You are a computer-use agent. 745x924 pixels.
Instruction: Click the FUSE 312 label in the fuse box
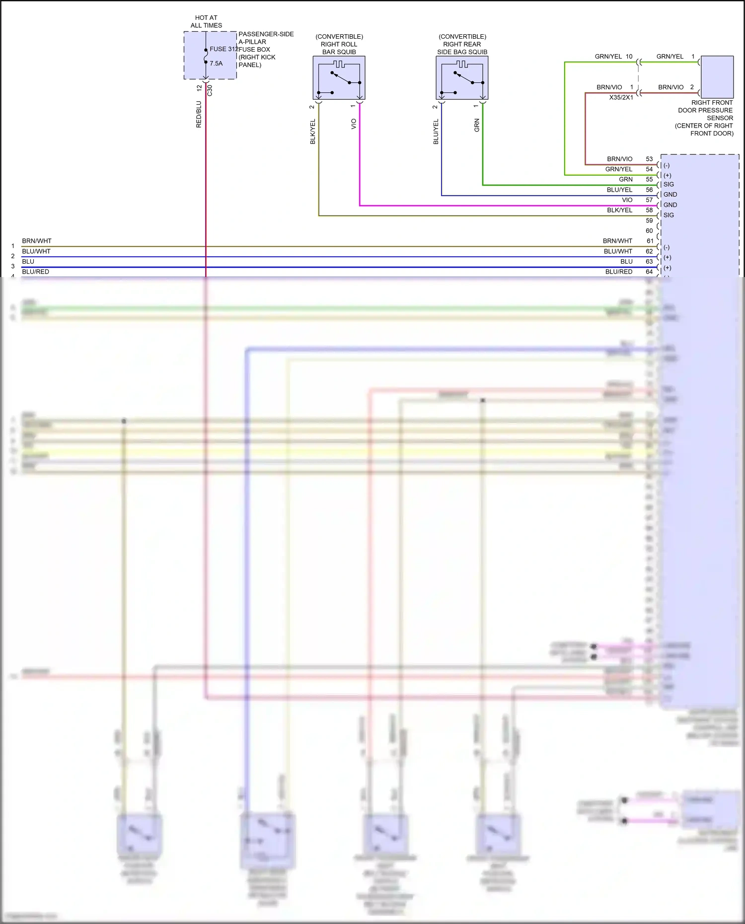click(x=224, y=49)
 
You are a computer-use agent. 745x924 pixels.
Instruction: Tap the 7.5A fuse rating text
click(x=216, y=64)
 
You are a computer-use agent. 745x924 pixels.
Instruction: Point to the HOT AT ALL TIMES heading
click(x=206, y=21)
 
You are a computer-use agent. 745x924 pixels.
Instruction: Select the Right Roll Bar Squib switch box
click(x=339, y=77)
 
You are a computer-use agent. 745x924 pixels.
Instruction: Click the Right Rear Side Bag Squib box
click(x=462, y=77)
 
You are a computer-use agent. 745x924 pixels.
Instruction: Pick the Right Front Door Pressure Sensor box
click(x=717, y=77)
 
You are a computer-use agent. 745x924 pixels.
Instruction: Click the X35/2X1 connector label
click(x=621, y=97)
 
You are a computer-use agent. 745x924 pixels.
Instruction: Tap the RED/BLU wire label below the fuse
click(x=199, y=115)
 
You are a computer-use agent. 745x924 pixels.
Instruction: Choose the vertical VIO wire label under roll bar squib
click(x=354, y=124)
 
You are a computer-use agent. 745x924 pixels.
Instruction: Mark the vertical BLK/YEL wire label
click(x=313, y=132)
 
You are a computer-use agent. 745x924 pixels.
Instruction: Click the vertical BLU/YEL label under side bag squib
click(x=436, y=132)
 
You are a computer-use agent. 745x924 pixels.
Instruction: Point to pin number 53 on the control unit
click(x=649, y=159)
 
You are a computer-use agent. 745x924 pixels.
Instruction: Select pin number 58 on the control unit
click(x=649, y=210)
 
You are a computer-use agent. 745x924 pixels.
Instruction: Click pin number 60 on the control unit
click(x=649, y=231)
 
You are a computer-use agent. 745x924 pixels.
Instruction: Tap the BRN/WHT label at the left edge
click(x=37, y=241)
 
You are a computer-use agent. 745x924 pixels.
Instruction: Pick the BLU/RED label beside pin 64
click(x=619, y=272)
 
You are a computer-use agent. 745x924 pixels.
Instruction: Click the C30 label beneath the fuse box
click(x=210, y=90)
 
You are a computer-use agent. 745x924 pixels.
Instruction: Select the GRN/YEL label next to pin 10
click(x=608, y=57)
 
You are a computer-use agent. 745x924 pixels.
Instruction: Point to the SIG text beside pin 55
click(x=669, y=184)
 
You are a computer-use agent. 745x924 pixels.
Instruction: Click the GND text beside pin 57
click(x=670, y=205)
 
